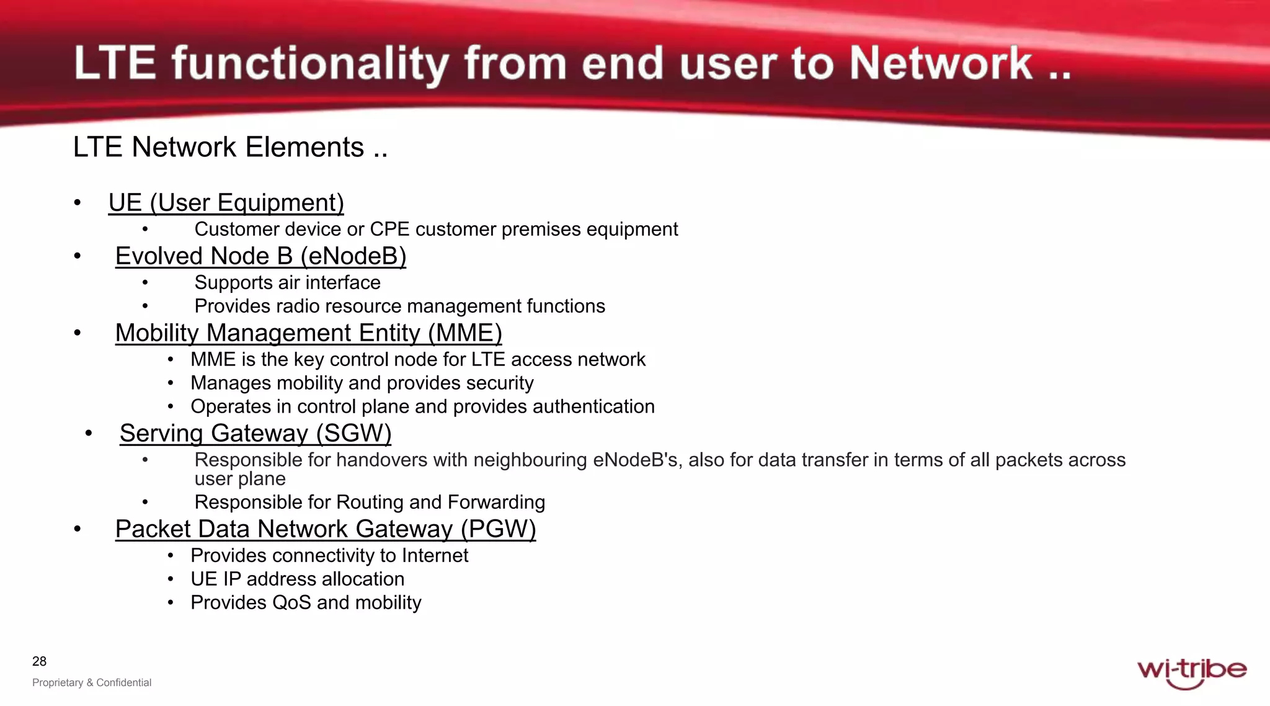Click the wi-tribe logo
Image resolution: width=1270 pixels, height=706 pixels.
pos(1191,672)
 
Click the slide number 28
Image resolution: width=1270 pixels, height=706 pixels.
pos(39,661)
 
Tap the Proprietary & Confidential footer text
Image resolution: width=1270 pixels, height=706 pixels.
pos(92,682)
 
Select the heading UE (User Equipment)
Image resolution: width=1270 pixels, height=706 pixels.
pos(226,203)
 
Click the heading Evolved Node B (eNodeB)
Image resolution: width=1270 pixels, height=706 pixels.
pos(260,256)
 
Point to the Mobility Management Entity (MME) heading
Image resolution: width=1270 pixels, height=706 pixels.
pos(308,333)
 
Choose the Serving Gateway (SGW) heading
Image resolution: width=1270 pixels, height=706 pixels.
pos(255,433)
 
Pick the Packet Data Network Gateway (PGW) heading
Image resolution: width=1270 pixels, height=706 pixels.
pos(326,529)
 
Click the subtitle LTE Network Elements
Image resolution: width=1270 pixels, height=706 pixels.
pos(230,148)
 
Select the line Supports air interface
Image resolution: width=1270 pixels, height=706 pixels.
pos(287,283)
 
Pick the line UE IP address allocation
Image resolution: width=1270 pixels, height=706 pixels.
pos(297,579)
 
